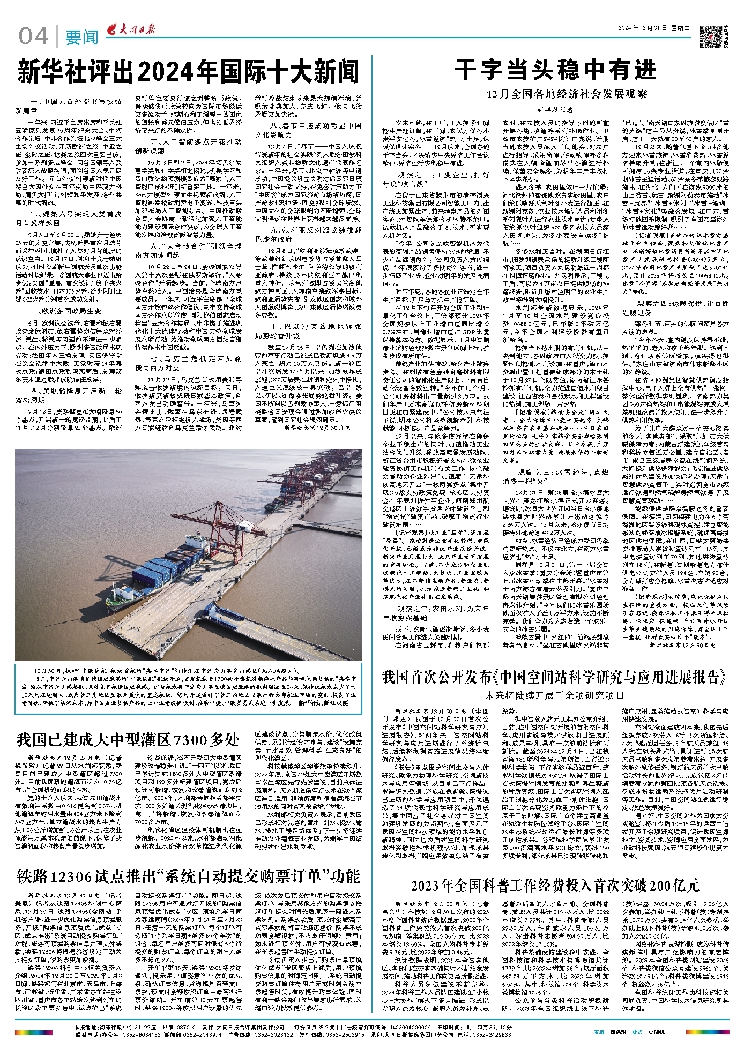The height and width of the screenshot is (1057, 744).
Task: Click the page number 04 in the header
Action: pyautogui.click(x=33, y=36)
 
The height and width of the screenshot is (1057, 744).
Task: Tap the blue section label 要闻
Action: pyautogui.click(x=82, y=38)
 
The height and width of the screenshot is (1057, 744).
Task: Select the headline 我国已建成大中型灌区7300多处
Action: pyautogui.click(x=128, y=740)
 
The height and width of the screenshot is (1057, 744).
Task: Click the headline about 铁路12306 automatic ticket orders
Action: pyautogui.click(x=188, y=876)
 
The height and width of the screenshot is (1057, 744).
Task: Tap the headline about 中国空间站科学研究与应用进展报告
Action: pyautogui.click(x=555, y=677)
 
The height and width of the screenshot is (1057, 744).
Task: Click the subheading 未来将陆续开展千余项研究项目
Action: pyautogui.click(x=555, y=695)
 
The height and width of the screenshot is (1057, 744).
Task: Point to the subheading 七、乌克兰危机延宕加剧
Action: pyautogui.click(x=195, y=358)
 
